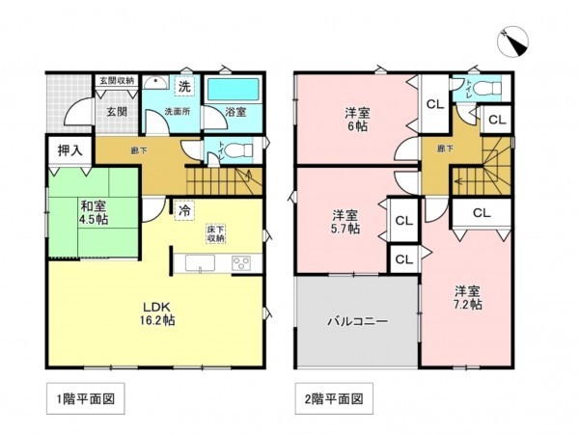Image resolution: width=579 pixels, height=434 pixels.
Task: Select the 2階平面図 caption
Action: pyautogui.click(x=331, y=396)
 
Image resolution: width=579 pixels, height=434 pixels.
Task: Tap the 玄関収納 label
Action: pyautogui.click(x=117, y=81)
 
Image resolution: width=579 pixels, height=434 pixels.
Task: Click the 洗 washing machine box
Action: pyautogui.click(x=182, y=88)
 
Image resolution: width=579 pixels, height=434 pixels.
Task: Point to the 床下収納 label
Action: pyautogui.click(x=215, y=233)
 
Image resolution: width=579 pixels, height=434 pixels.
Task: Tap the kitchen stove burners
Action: pyautogui.click(x=240, y=262)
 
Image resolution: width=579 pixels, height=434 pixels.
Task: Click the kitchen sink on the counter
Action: pyautogui.click(x=201, y=263)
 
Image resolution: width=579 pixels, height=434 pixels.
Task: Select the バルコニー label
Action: pyautogui.click(x=357, y=322)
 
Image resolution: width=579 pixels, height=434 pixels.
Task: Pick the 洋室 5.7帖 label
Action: pyautogui.click(x=346, y=221)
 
